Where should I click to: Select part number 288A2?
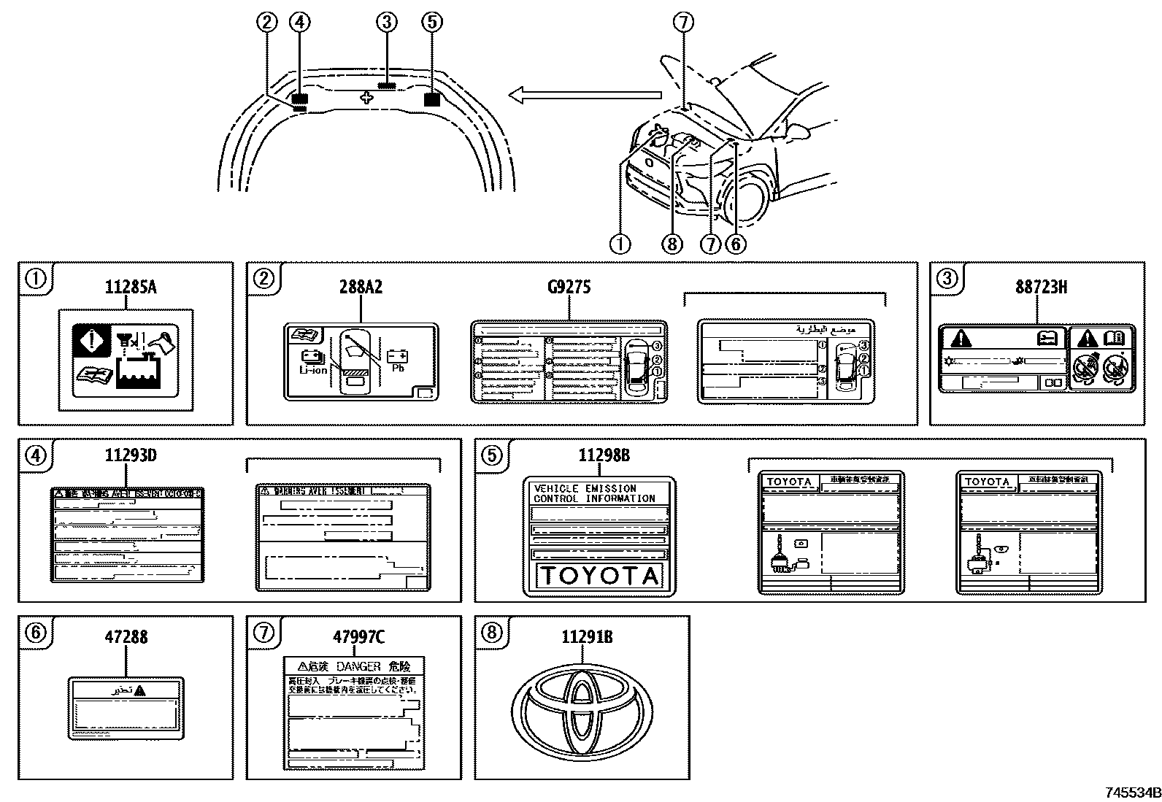(361, 287)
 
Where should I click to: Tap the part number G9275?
(569, 287)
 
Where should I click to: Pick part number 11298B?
(604, 456)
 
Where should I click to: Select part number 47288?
(126, 636)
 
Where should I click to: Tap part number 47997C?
(358, 636)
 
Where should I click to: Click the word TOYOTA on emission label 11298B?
(599, 576)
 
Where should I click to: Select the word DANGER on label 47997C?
(359, 666)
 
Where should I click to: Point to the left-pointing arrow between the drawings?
(584, 94)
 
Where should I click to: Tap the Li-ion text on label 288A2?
(313, 370)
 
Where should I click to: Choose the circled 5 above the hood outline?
(432, 22)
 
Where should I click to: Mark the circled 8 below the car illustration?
(672, 243)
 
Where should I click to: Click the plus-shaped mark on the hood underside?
(367, 97)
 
